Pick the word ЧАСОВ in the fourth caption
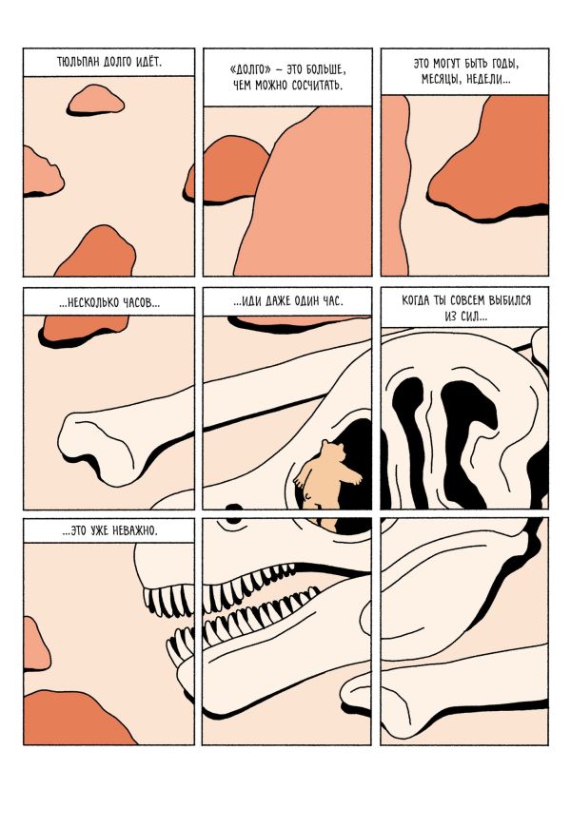(x=141, y=302)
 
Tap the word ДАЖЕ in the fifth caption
(x=279, y=301)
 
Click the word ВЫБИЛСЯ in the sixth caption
(x=510, y=300)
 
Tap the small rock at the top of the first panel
(x=95, y=100)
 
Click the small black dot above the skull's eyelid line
(x=234, y=508)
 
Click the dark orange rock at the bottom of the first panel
(x=98, y=253)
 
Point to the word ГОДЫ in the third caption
(x=502, y=64)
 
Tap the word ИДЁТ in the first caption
(x=148, y=62)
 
